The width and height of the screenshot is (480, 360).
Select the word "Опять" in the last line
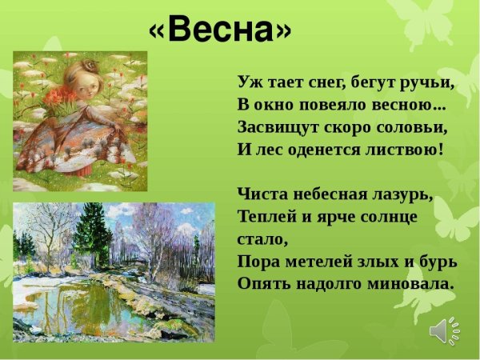(261, 284)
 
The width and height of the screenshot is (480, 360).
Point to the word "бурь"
(438, 262)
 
